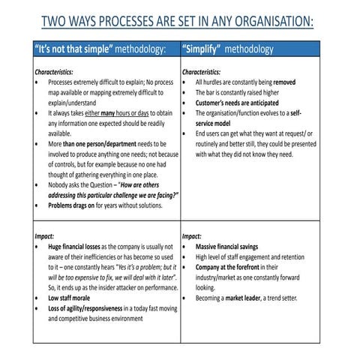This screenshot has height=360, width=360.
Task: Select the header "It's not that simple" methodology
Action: pyautogui.click(x=100, y=49)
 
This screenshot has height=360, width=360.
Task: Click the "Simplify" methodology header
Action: pyautogui.click(x=227, y=49)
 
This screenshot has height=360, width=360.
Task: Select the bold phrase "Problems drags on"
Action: pyautogui.click(x=71, y=204)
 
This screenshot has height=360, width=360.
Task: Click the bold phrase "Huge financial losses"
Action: pyautogui.click(x=73, y=246)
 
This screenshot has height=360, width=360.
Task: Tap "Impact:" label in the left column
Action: pyautogui.click(x=44, y=235)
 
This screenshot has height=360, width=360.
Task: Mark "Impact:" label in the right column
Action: pyautogui.click(x=192, y=235)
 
